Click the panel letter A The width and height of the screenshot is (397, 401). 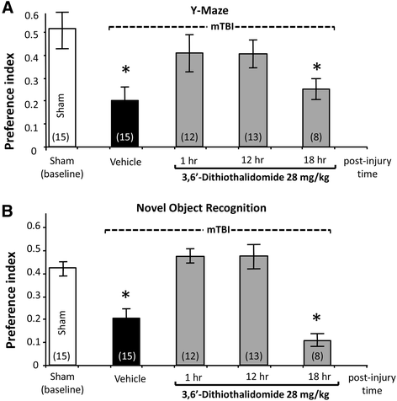click(8, 9)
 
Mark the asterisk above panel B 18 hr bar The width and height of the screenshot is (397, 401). click(316, 319)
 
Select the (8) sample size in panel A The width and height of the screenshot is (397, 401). click(316, 137)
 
